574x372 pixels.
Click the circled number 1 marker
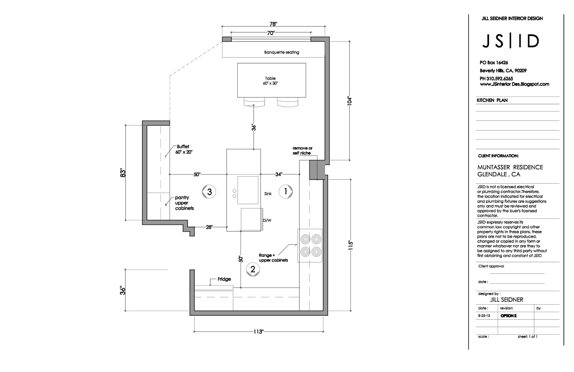(x=286, y=192)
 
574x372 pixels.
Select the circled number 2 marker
(x=253, y=269)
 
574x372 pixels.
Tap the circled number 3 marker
(x=210, y=192)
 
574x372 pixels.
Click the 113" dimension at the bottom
(x=258, y=332)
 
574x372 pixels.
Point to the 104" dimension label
(x=350, y=101)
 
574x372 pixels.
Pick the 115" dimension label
(x=351, y=245)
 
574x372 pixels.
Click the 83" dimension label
(x=123, y=173)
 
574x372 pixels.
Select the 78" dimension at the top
(x=273, y=24)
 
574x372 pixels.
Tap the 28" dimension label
(x=209, y=227)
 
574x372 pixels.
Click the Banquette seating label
(x=282, y=52)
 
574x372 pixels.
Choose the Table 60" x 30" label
(x=270, y=81)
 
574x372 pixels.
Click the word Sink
(x=268, y=194)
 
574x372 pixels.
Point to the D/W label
(x=267, y=220)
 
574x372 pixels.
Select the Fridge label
(x=224, y=279)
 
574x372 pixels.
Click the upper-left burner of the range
(x=305, y=239)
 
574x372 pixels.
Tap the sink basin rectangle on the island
(x=248, y=190)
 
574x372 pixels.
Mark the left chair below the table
(x=254, y=102)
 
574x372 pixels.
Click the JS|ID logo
(x=510, y=41)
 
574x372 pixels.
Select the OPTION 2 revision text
(x=509, y=316)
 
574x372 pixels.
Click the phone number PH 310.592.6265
(x=496, y=78)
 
